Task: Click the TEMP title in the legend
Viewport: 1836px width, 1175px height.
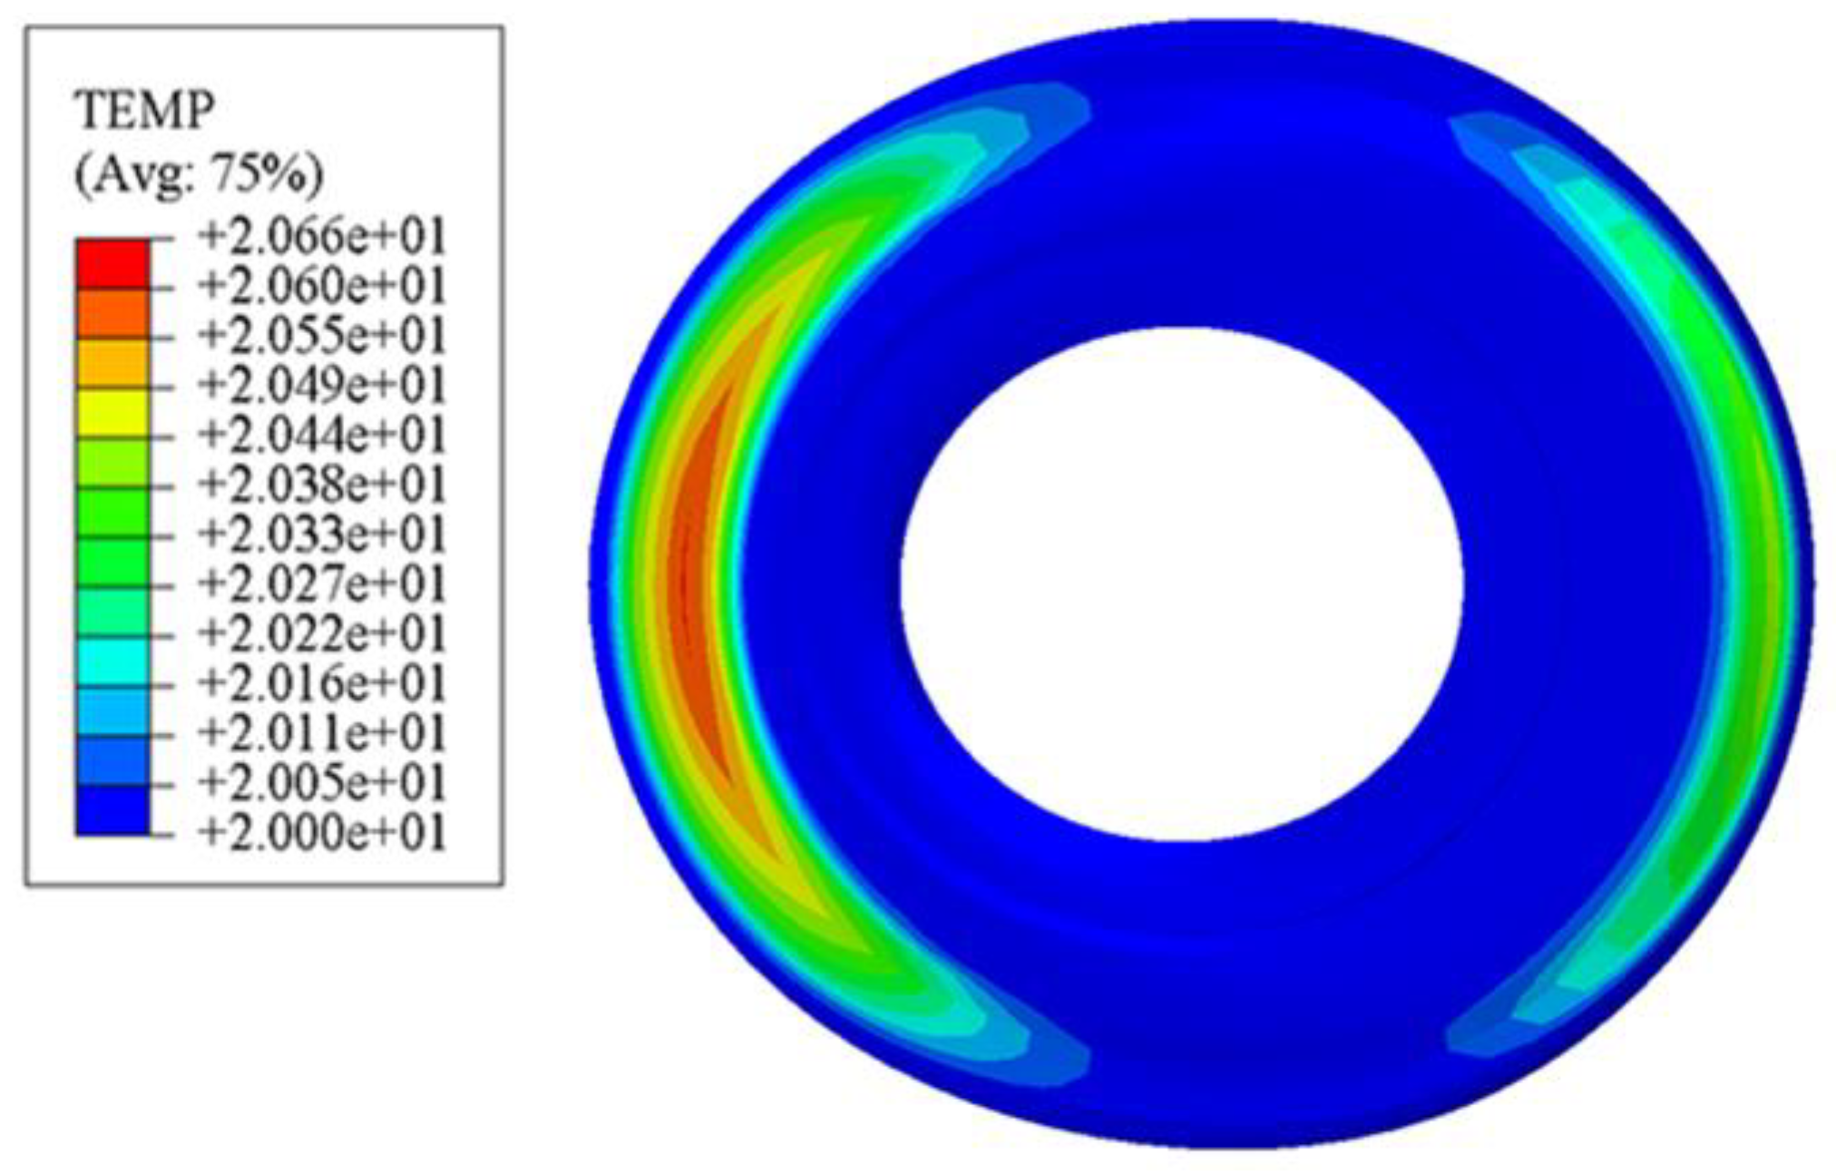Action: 144,111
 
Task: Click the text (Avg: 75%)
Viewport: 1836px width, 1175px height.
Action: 198,172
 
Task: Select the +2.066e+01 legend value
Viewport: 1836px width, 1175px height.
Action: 323,237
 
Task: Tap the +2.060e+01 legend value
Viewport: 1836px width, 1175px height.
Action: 323,287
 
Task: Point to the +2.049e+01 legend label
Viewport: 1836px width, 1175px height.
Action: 323,386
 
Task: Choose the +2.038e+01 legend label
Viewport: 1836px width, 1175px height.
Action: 323,485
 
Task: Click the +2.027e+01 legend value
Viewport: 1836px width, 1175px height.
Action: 323,583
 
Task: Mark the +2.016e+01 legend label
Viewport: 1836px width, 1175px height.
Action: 323,682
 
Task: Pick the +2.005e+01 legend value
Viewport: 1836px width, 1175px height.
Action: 323,781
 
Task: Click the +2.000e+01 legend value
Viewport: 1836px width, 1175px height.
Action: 323,831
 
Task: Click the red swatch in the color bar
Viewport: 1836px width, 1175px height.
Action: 112,263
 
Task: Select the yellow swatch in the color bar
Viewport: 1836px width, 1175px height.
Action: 112,412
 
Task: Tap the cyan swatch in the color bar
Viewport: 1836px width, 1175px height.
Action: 112,661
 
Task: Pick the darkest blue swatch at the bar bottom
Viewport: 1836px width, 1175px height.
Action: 112,809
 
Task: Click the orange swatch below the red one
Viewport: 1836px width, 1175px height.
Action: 112,313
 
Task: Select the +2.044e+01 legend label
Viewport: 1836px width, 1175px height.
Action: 323,435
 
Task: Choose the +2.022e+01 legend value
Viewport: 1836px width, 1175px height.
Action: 323,632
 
